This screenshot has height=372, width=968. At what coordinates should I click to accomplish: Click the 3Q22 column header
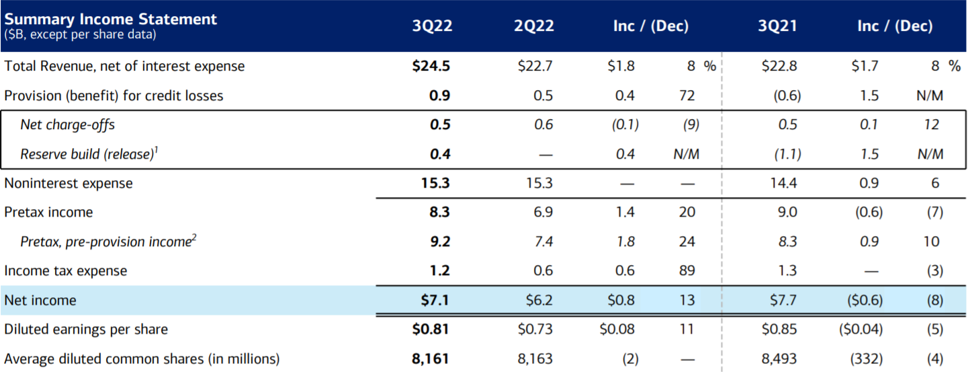(x=432, y=26)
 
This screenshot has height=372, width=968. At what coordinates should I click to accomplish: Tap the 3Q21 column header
(x=778, y=26)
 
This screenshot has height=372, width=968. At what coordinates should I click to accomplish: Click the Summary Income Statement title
(x=110, y=19)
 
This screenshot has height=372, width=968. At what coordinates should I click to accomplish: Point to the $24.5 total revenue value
(x=432, y=66)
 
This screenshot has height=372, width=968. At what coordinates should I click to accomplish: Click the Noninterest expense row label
(x=68, y=183)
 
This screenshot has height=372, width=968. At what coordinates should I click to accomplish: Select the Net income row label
(x=40, y=300)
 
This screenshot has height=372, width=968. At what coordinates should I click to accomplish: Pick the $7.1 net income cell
(x=435, y=300)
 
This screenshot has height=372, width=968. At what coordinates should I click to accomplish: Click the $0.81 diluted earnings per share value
(x=431, y=330)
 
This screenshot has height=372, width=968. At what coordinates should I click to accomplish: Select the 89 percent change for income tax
(x=687, y=270)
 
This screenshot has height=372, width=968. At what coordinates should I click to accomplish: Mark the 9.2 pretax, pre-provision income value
(x=439, y=241)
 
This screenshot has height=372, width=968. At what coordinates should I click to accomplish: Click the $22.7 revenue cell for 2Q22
(x=535, y=66)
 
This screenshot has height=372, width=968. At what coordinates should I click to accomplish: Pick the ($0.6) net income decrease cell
(x=861, y=300)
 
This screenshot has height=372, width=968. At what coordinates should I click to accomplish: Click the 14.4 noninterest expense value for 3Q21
(x=787, y=183)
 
